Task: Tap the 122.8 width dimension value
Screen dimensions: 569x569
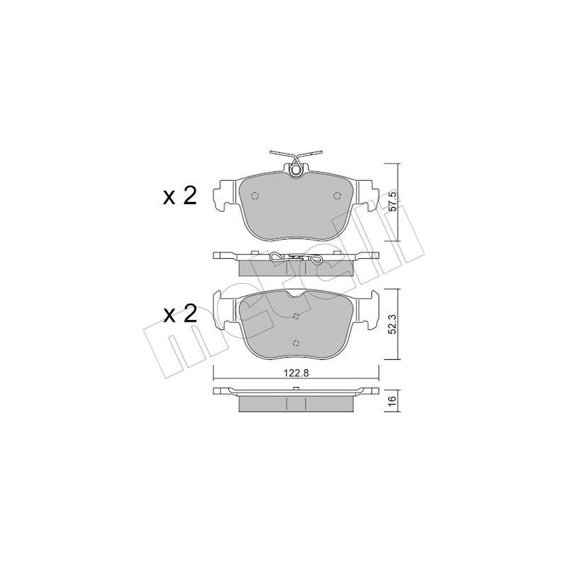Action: [297, 373]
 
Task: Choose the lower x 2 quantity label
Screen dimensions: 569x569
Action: [180, 314]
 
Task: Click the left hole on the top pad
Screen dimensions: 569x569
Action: [255, 196]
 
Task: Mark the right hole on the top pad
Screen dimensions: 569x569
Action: [336, 196]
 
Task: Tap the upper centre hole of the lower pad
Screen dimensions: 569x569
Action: [296, 315]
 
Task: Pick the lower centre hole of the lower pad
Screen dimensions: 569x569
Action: [296, 343]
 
